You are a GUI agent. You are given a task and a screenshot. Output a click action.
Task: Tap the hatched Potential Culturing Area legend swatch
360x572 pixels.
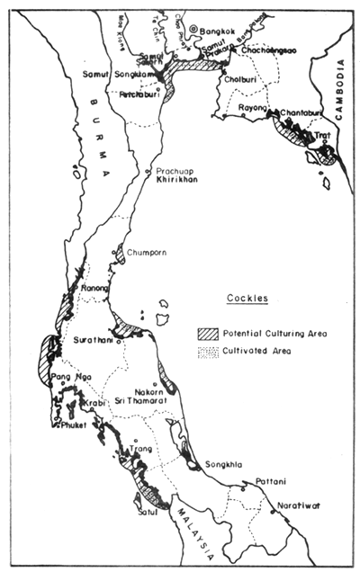pos(207,332)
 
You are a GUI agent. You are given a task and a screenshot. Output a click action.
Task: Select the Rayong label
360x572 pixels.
pos(255,109)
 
